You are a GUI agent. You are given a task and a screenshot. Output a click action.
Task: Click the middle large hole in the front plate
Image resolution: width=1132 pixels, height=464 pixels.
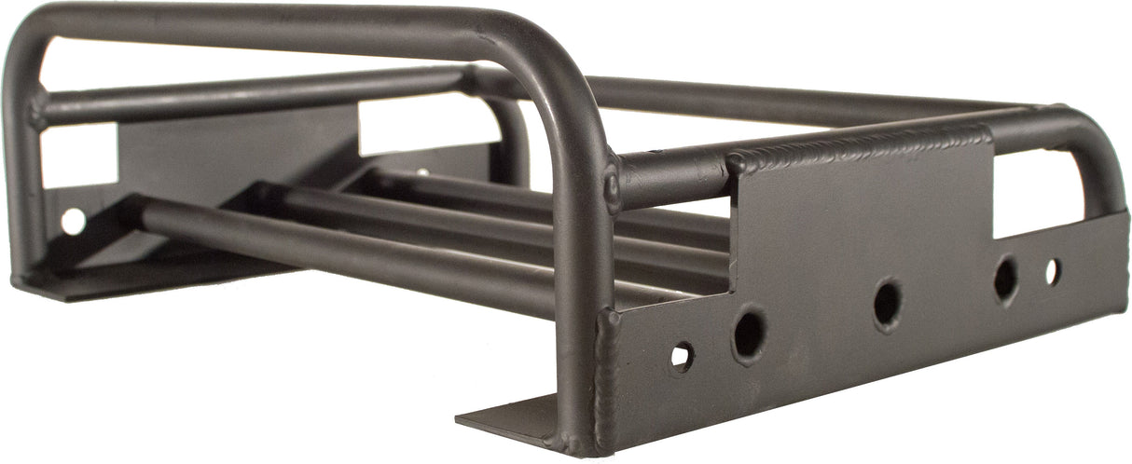887,304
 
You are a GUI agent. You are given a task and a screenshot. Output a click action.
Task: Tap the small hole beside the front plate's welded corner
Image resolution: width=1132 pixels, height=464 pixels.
682,355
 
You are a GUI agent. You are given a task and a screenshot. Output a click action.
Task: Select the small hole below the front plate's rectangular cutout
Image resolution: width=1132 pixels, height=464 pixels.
1052,271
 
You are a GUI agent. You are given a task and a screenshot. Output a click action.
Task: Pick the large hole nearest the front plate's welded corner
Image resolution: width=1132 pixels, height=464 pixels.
748,334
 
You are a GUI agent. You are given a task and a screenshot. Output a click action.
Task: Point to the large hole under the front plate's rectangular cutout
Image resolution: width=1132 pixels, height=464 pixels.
1005,278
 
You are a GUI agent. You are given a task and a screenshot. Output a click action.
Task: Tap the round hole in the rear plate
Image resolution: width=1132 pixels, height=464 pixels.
72,221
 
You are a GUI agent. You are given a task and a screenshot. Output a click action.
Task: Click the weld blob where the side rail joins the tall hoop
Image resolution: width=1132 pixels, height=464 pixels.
613,187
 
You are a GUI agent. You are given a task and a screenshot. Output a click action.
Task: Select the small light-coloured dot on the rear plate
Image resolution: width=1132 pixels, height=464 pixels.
423,171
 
